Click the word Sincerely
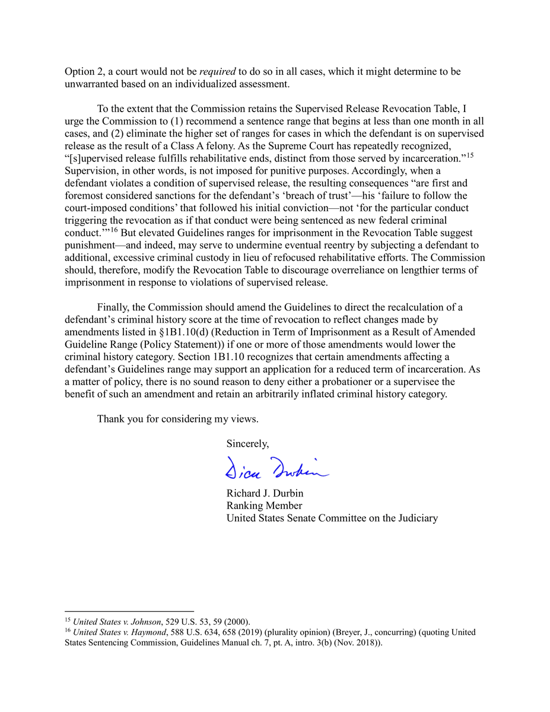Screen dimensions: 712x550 (x=247, y=443)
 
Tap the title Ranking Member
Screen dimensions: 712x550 (x=264, y=506)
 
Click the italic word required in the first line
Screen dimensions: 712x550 (x=218, y=71)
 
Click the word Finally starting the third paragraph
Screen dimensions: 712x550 (x=113, y=307)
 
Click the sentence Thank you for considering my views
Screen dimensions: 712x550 (x=177, y=419)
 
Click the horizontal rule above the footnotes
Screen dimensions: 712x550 (x=129, y=611)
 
